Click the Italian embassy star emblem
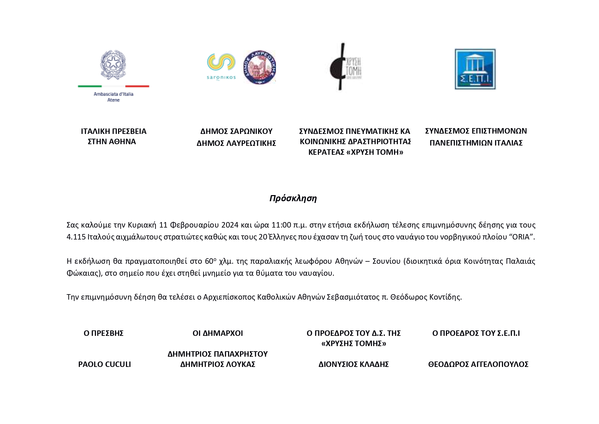click(113, 65)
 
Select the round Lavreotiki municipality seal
click(260, 67)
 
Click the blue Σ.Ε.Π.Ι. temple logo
click(475, 69)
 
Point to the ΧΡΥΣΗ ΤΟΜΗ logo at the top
click(345, 67)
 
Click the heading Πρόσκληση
click(293, 199)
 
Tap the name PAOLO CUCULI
click(105, 364)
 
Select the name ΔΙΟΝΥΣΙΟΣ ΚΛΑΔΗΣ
click(353, 364)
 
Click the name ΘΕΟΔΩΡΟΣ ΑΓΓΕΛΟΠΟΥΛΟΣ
click(478, 364)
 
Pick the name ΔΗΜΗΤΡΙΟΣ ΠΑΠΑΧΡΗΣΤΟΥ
click(218, 354)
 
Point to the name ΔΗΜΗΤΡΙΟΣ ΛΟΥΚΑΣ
click(218, 364)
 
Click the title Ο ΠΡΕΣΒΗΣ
click(103, 333)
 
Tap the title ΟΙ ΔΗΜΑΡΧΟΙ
click(218, 333)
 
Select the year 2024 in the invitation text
click(230, 225)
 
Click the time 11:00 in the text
click(281, 225)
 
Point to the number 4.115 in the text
click(76, 237)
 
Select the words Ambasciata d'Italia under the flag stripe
click(113, 94)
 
